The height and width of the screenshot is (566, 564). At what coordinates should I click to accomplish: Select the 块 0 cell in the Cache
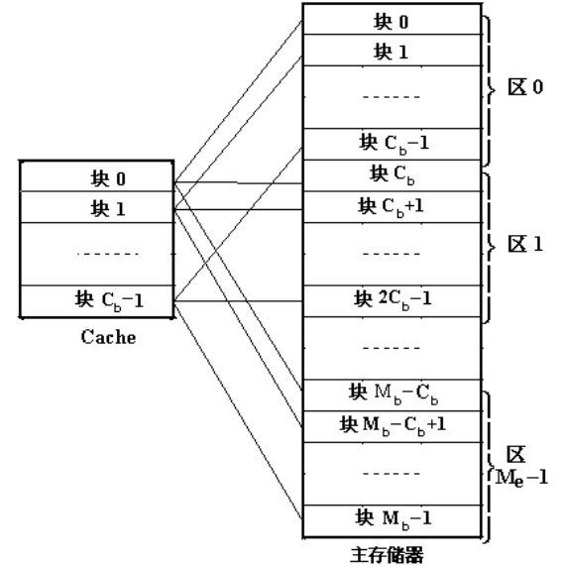click(x=96, y=178)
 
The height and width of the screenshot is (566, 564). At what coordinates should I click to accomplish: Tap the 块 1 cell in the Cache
click(x=96, y=209)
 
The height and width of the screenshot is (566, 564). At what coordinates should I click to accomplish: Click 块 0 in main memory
click(x=394, y=21)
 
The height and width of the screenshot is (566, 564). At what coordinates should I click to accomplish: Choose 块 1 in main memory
click(x=394, y=50)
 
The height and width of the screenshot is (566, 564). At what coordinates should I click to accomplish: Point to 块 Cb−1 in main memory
click(x=394, y=143)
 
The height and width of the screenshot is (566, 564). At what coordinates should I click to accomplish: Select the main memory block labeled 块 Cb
click(x=394, y=174)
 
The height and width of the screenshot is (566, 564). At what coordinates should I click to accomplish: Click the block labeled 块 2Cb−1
click(x=394, y=298)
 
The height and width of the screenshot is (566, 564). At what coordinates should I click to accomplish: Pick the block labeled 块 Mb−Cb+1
click(x=394, y=426)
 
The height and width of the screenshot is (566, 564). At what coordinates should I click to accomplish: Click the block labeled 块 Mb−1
click(x=394, y=518)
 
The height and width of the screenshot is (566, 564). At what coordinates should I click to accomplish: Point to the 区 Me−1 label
click(x=521, y=466)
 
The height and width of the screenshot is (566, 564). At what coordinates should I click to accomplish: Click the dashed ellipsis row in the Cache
click(x=96, y=254)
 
